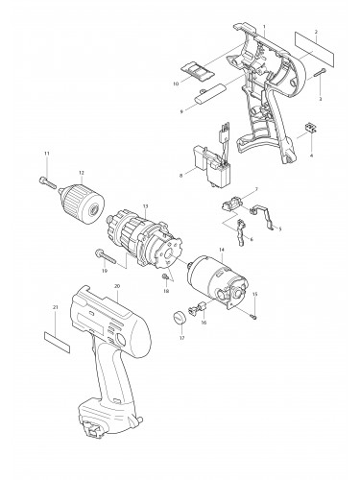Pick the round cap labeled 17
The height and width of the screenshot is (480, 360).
[x=179, y=319]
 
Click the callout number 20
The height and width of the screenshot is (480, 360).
[x=116, y=286]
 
